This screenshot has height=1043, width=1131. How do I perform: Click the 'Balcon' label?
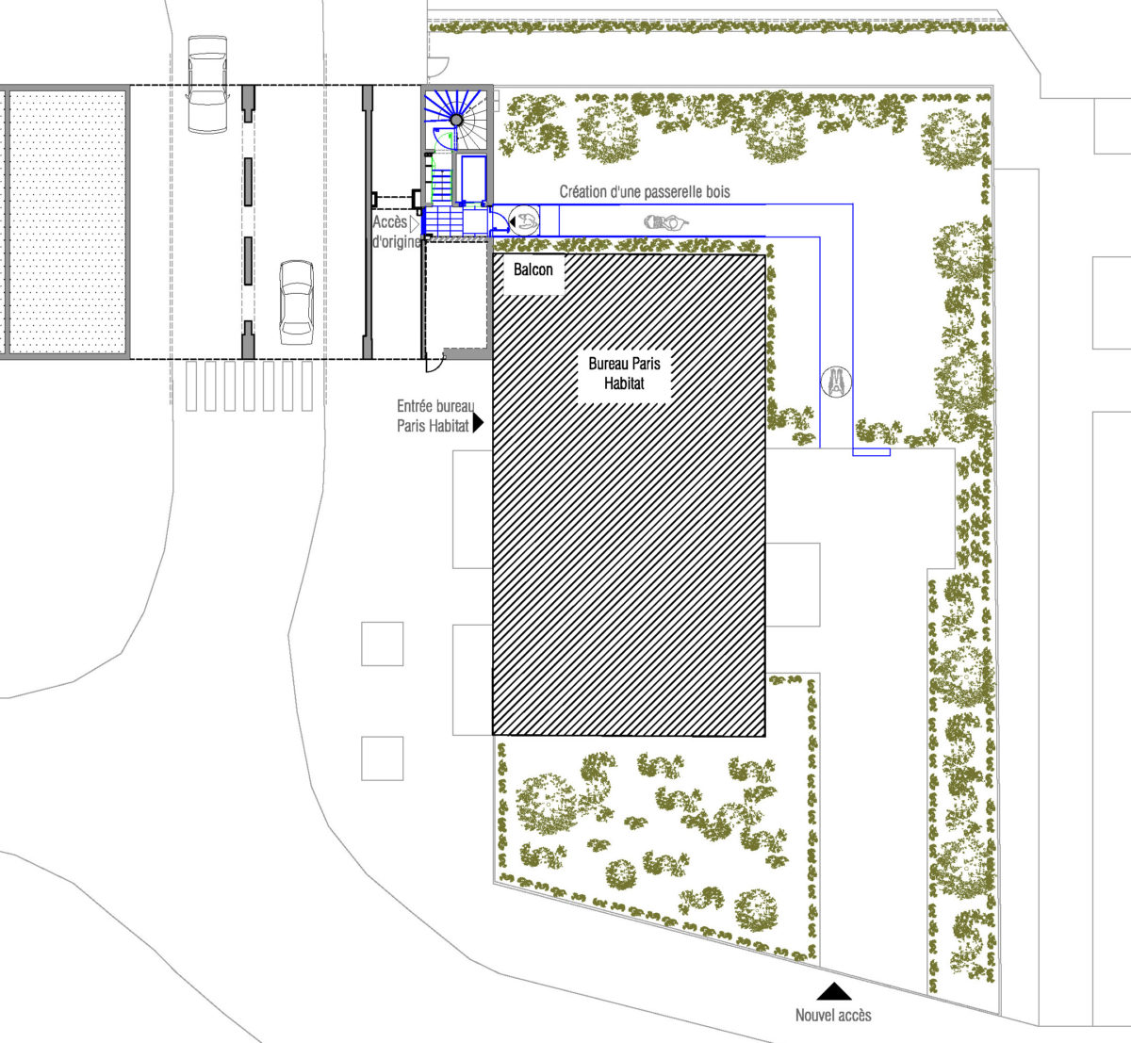[x=533, y=269]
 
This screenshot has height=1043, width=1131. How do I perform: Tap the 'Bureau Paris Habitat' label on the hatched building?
[x=624, y=373]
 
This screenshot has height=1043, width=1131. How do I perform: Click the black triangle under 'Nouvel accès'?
[x=833, y=990]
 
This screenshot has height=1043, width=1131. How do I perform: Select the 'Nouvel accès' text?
[x=833, y=1015]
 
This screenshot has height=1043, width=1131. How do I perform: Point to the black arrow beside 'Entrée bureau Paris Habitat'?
[x=478, y=423]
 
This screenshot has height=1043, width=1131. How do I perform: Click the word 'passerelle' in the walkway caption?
[x=654, y=192]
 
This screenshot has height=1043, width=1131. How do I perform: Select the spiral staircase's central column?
[x=456, y=121]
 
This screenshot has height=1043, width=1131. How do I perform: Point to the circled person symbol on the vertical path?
[x=835, y=381]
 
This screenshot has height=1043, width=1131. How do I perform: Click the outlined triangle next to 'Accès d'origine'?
[x=414, y=223]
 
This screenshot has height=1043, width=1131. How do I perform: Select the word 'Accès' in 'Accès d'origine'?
[x=390, y=223]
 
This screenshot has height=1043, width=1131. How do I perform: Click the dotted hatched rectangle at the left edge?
[x=66, y=221]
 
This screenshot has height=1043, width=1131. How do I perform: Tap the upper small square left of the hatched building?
[x=383, y=644]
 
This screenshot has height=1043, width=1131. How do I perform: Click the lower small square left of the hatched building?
[x=383, y=758]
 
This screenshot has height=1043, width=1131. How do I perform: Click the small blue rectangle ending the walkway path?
[x=871, y=452]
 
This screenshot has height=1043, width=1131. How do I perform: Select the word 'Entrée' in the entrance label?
[x=416, y=406]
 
